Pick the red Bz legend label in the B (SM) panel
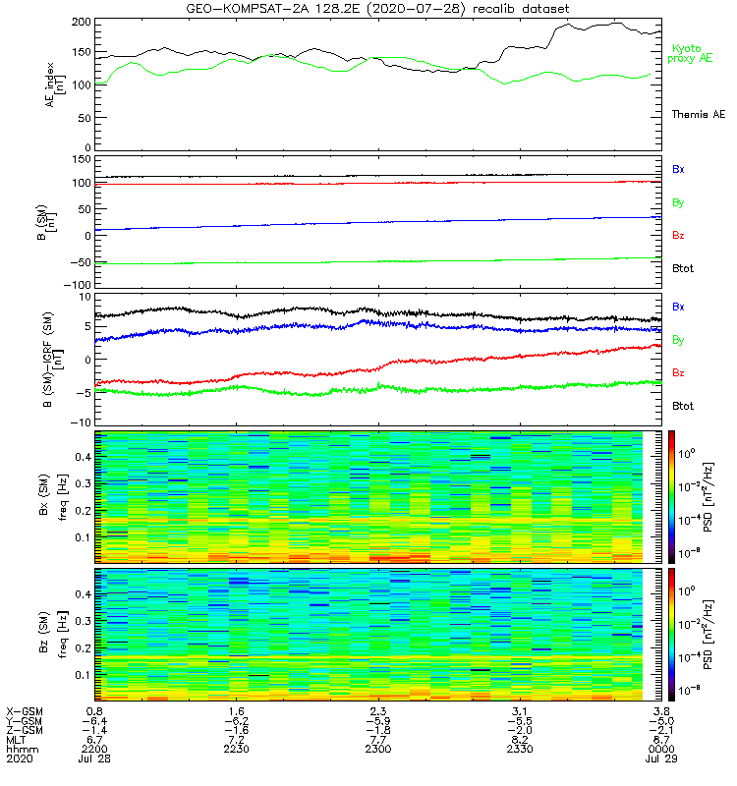pos(678,236)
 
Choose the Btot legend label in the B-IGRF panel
pos(683,406)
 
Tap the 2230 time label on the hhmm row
pos(237,750)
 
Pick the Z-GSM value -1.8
pos(377,730)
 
